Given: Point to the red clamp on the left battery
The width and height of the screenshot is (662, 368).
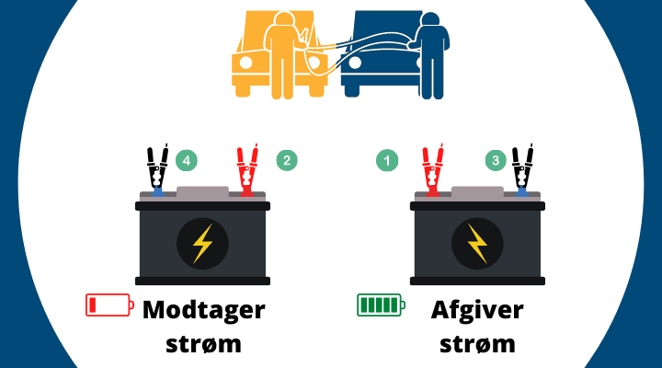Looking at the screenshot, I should (247, 169).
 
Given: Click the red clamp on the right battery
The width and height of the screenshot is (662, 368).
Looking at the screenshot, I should (432, 169).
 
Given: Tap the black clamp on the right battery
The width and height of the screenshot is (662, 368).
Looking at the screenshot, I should (522, 169).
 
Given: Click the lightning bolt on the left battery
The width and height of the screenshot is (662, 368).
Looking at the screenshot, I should (202, 244).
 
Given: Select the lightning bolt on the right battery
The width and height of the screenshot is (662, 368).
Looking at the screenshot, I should (477, 244).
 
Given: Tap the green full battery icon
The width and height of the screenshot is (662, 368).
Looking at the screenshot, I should (381, 305).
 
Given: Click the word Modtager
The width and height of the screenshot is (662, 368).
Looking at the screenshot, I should (204, 309).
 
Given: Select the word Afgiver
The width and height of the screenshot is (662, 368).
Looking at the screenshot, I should (477, 309).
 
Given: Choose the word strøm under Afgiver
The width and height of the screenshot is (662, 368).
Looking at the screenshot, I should (477, 344).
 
